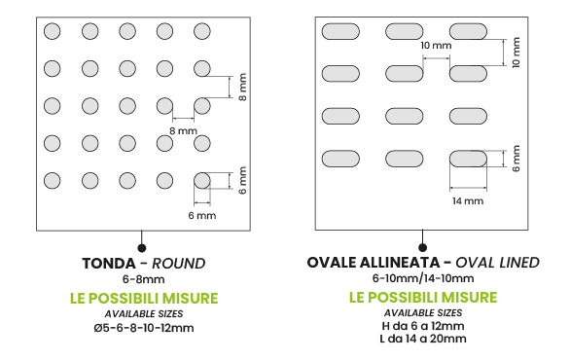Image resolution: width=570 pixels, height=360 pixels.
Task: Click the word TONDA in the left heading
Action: coord(109,264)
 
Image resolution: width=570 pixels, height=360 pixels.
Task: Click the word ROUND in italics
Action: coord(178,264)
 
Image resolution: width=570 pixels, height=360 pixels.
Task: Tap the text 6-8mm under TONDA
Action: coord(144,279)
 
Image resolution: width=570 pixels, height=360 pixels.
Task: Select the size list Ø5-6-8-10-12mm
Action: coord(144,328)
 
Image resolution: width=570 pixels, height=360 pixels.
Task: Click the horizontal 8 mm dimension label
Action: coord(183,130)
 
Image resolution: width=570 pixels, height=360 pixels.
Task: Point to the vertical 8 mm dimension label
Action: coord(243,87)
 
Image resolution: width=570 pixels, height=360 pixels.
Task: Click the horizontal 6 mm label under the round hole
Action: coord(202,216)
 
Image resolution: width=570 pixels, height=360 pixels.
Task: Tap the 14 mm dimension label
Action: coord(468,201)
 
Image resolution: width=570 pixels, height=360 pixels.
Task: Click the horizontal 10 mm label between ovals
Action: coord(436,46)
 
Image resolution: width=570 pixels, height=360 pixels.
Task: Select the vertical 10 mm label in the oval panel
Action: coord(516,53)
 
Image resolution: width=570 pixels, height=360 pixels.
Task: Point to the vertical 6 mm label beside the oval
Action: coord(516,159)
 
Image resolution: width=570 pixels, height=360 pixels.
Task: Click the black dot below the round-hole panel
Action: coord(142,248)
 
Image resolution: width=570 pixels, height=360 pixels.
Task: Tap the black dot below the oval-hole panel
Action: coord(422,248)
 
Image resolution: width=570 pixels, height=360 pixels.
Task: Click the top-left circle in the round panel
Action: coord(52,31)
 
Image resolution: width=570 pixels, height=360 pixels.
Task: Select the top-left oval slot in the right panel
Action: coord(340,31)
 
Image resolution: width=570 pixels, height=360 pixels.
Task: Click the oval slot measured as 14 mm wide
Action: coord(468,159)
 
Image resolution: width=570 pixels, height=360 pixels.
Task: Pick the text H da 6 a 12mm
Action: coord(423,326)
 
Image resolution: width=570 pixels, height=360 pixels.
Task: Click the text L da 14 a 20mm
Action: coord(423,339)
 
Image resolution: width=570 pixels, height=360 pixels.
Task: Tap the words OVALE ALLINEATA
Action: coord(374,262)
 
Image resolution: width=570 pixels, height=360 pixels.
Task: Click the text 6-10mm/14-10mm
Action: coord(423,278)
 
